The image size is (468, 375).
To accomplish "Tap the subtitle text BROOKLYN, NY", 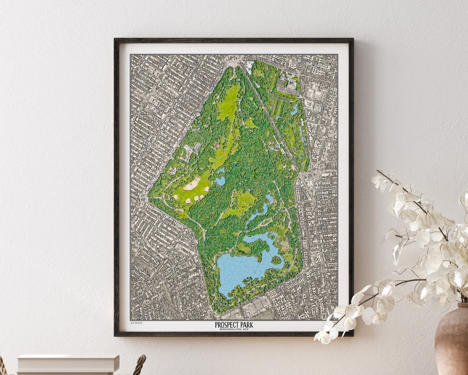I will (x=234, y=329).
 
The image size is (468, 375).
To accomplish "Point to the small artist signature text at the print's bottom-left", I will (x=136, y=323).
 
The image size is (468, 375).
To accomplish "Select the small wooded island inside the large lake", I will (x=276, y=260).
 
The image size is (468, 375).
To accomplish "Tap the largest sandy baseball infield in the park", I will (x=192, y=184).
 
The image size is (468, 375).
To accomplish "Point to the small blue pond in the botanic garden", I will (x=295, y=109).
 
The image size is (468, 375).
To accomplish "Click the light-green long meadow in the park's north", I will (x=229, y=104).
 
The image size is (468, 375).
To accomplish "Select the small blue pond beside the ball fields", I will (x=221, y=180).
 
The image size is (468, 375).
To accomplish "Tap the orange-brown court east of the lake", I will (x=284, y=247).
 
